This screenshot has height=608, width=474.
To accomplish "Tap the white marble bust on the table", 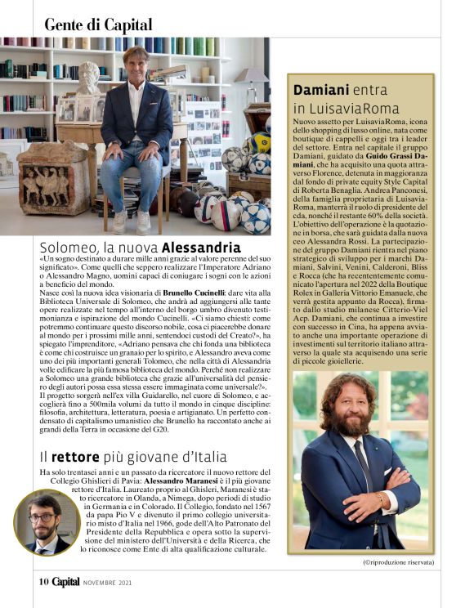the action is coord(87,79).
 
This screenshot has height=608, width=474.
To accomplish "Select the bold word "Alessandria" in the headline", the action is coord(201,247).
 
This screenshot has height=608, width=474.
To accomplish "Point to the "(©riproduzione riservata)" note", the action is coord(399,563).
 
